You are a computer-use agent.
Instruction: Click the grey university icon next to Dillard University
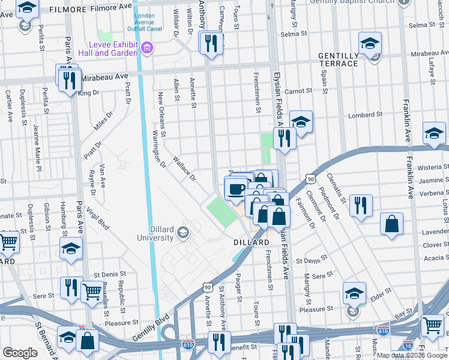coord(182,232)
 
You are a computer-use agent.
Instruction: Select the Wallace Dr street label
coord(184,169)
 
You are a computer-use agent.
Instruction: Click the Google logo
coord(19,353)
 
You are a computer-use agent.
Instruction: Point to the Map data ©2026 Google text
coord(411,355)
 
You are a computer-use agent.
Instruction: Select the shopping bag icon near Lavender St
coord(391,224)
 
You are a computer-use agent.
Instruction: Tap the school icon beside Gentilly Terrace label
coord(370,44)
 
